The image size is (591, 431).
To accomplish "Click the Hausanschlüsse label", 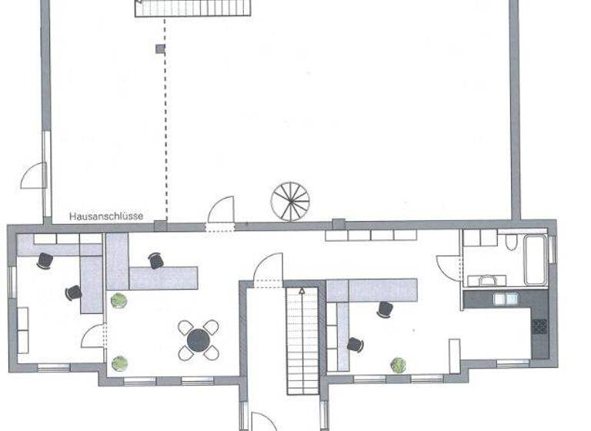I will pyautogui.click(x=106, y=217).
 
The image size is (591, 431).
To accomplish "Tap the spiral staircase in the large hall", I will pyautogui.click(x=290, y=201).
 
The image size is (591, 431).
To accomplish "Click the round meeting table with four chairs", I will pyautogui.click(x=199, y=339).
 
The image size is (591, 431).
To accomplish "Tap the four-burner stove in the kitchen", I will pyautogui.click(x=539, y=326).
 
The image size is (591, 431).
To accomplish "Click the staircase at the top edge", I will pyautogui.click(x=193, y=8).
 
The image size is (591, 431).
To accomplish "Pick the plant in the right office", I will pyautogui.click(x=398, y=365).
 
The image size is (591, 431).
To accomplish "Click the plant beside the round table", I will pyautogui.click(x=119, y=363).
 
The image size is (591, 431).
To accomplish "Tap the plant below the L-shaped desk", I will pyautogui.click(x=118, y=300).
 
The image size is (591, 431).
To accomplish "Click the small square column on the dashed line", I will pyautogui.click(x=160, y=49).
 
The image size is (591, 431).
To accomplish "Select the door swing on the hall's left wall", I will pyautogui.click(x=35, y=176).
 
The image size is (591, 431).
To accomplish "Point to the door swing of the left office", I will pyautogui.click(x=93, y=336).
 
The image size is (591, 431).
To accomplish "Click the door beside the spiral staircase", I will pyautogui.click(x=222, y=210).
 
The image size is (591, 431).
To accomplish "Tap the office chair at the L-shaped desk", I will pyautogui.click(x=156, y=261).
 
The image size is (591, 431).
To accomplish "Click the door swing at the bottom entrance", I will pyautogui.click(x=263, y=422).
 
